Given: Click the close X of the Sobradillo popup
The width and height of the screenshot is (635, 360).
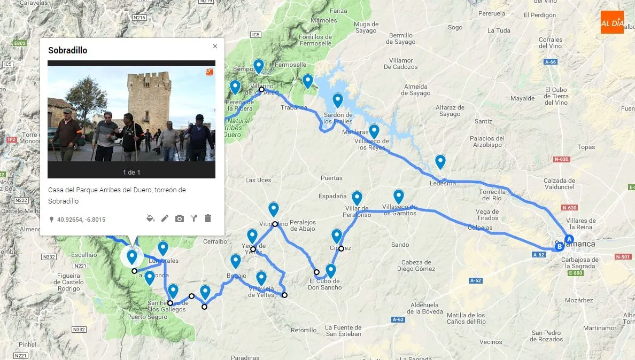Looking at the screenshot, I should (215, 46).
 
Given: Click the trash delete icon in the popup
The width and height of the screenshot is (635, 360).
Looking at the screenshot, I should (208, 218).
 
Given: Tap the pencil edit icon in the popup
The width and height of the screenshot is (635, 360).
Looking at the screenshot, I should (165, 218).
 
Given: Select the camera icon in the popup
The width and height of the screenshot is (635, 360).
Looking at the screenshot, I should (179, 218).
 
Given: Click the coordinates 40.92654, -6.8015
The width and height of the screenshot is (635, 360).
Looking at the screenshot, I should (81, 220).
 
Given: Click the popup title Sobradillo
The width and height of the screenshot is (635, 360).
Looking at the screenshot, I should (67, 51).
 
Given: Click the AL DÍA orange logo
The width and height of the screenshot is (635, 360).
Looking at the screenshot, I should (612, 22).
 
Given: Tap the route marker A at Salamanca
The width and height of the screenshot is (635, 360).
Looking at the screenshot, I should (569, 239).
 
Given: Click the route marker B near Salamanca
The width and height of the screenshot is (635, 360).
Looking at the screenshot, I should (559, 247).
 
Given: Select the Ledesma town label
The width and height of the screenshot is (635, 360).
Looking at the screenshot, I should (443, 184).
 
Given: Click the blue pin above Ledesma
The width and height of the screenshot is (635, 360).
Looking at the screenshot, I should (440, 161).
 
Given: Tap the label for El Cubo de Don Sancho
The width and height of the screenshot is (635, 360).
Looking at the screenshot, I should (325, 284).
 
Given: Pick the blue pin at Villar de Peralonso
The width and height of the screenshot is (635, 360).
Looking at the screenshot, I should (357, 198).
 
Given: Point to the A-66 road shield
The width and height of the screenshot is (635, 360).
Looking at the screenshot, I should (551, 62).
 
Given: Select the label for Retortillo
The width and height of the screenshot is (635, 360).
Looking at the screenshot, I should (304, 330).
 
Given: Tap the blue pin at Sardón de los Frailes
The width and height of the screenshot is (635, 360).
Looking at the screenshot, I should (337, 100).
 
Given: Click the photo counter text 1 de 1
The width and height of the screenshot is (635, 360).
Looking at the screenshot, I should (131, 172).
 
